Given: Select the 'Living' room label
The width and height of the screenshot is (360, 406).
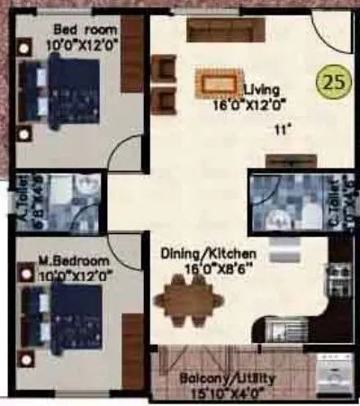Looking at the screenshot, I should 263,90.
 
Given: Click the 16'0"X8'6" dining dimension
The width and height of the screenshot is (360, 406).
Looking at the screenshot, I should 213,267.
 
